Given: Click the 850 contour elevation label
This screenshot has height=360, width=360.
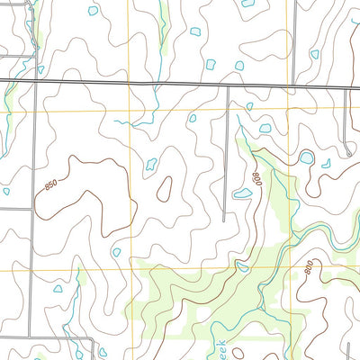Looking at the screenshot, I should [51, 186].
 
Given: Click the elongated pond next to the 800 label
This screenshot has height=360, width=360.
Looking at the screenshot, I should [242, 193].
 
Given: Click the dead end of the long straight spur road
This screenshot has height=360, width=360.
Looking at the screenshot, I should [224, 219].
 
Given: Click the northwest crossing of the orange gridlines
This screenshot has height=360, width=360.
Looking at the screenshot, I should [129, 110].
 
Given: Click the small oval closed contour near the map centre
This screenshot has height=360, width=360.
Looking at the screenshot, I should [165, 188].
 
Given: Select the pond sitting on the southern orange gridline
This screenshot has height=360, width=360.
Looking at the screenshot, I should [242, 266].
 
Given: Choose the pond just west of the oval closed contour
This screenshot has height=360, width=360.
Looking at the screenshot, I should [150, 165].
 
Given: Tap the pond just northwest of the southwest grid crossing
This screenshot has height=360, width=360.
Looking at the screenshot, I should [116, 252].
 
